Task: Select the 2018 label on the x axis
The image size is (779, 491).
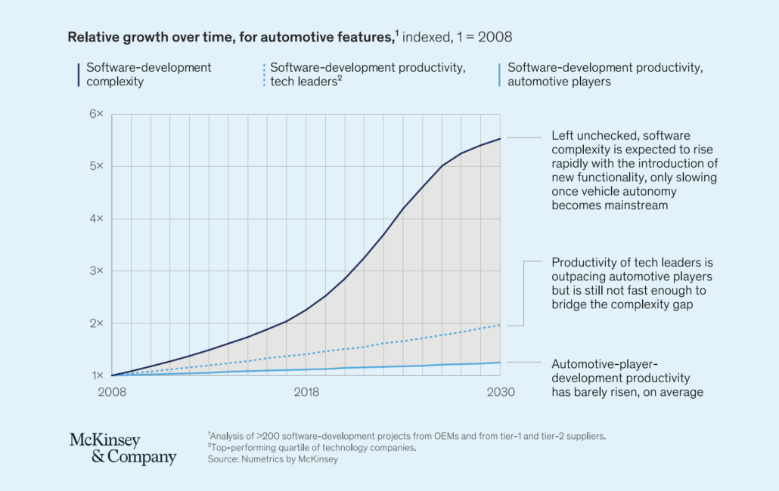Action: (306, 392)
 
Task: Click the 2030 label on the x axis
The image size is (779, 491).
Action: (500, 392)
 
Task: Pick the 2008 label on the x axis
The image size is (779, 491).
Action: (111, 392)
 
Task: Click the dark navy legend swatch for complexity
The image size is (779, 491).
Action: (79, 74)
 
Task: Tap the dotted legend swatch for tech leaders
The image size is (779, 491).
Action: (264, 74)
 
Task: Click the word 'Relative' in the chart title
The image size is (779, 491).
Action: (92, 36)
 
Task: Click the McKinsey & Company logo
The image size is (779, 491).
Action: (123, 449)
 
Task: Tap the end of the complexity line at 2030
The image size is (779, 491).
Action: (500, 138)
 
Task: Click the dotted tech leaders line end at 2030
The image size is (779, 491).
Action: (500, 326)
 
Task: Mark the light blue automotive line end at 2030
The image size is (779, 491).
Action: (500, 363)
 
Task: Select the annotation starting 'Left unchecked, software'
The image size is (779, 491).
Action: (634, 171)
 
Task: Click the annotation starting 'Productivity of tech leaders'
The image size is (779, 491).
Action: (632, 283)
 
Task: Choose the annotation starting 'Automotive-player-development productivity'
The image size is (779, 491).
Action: (627, 377)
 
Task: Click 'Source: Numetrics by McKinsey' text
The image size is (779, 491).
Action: (273, 459)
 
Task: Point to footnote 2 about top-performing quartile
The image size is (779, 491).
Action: (311, 447)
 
